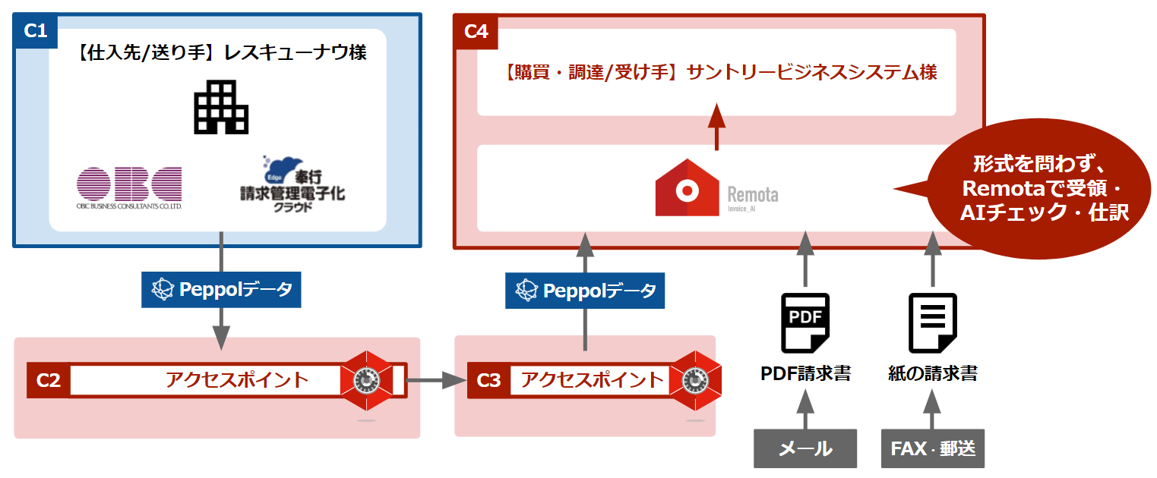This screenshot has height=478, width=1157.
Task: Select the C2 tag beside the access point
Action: [49, 380]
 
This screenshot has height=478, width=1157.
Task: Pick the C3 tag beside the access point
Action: [488, 380]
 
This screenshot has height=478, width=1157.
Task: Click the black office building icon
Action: [220, 107]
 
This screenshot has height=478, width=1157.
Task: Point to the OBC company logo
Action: [129, 187]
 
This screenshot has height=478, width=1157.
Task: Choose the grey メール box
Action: [805, 448]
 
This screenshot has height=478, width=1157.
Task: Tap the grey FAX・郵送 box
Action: [933, 448]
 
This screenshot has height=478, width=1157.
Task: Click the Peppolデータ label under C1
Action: [221, 289]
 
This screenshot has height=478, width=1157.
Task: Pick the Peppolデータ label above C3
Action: [585, 290]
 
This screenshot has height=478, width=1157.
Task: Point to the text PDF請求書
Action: [805, 373]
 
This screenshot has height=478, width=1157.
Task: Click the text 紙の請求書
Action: [932, 373]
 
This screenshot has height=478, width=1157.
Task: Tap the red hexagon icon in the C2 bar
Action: [367, 379]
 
